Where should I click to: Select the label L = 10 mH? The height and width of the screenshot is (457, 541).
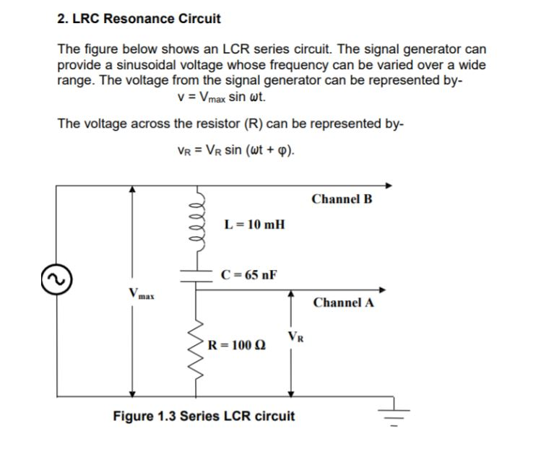(254, 224)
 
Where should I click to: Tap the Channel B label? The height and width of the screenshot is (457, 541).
(342, 199)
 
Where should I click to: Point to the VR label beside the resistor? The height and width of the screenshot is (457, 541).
(295, 335)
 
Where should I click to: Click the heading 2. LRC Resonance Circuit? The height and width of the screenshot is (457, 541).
(139, 18)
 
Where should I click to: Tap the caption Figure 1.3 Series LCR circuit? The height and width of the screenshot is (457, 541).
(204, 416)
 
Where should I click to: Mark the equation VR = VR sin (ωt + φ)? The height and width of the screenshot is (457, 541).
(235, 150)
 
